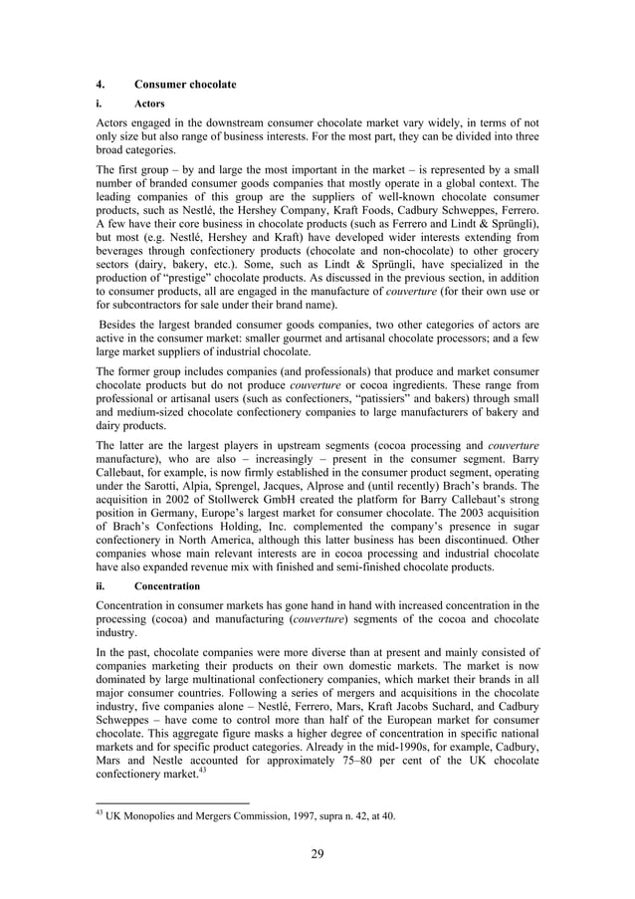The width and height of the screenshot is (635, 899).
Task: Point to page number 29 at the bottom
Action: (x=317, y=853)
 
